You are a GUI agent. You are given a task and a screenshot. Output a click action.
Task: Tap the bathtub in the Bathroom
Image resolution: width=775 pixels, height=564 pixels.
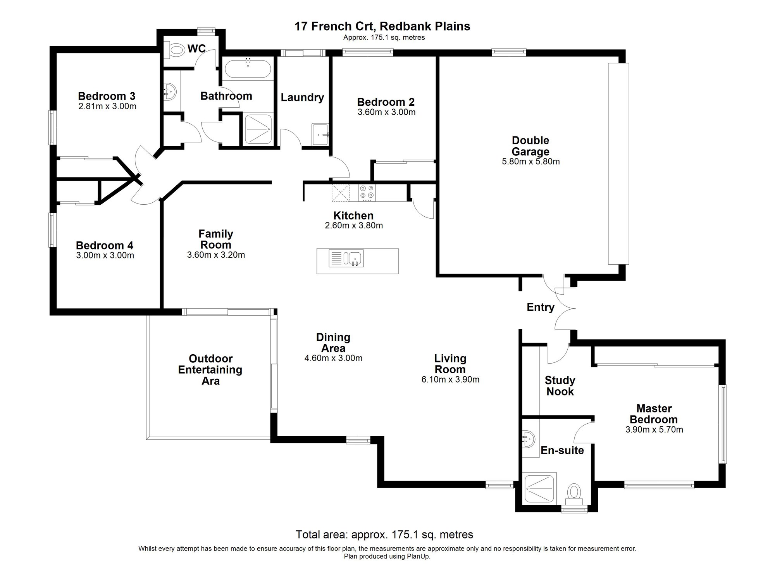pyautogui.click(x=248, y=69)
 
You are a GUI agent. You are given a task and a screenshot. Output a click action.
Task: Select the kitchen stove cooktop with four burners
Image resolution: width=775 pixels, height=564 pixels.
pyautogui.click(x=367, y=192)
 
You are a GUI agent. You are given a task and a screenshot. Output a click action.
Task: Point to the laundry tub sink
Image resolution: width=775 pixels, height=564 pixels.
pyautogui.click(x=320, y=135)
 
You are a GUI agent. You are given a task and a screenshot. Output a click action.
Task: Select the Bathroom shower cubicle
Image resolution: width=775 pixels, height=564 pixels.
pyautogui.click(x=258, y=128)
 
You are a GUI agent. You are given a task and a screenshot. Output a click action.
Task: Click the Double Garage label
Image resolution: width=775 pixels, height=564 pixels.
pyautogui.click(x=530, y=146)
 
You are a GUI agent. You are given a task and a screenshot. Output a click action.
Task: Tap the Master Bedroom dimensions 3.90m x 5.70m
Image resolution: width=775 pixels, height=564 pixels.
pyautogui.click(x=654, y=429)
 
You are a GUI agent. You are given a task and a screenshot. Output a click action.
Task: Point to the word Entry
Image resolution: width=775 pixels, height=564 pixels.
pyautogui.click(x=541, y=307)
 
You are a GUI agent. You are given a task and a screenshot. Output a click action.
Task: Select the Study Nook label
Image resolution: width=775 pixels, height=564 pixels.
pyautogui.click(x=560, y=386)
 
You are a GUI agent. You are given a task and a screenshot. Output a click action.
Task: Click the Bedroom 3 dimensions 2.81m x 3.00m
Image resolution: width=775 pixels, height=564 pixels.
pyautogui.click(x=107, y=106)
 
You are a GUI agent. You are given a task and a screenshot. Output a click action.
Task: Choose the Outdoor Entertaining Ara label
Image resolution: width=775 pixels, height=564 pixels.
pyautogui.click(x=210, y=370)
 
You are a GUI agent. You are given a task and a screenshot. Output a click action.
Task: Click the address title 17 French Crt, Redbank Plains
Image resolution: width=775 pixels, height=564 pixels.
pyautogui.click(x=382, y=26)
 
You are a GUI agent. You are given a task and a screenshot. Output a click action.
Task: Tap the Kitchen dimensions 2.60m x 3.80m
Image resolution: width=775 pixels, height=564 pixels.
pyautogui.click(x=354, y=226)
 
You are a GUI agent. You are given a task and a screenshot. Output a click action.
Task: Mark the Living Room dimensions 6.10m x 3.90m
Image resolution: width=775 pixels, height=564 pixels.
pyautogui.click(x=450, y=379)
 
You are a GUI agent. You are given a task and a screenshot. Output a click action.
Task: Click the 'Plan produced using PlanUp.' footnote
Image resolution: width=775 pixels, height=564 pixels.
pyautogui.click(x=387, y=556)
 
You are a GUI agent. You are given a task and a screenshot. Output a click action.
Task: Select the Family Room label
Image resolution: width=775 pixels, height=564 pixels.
pyautogui.click(x=216, y=239)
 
